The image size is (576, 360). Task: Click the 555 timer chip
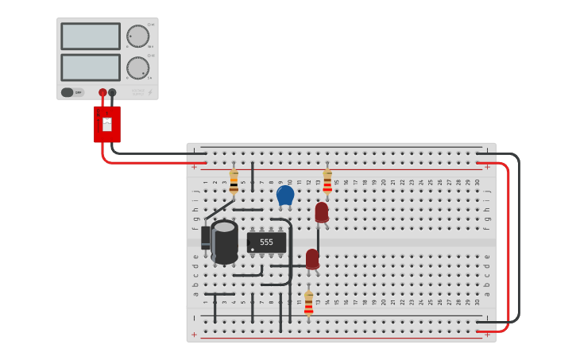[266, 242]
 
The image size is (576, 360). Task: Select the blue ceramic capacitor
[285, 195]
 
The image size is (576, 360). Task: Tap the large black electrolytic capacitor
[225, 242]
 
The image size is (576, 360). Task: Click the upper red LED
[321, 211]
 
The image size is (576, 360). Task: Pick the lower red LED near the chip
[312, 259]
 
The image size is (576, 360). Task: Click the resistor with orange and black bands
[234, 181]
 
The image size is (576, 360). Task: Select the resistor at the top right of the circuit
[327, 181]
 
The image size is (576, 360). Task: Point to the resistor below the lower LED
[309, 303]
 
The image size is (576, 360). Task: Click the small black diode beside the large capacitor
[206, 238]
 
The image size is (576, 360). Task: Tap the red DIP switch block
[107, 124]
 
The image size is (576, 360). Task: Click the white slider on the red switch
[107, 124]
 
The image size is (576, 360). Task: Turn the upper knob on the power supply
[137, 37]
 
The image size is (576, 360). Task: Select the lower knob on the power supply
[137, 68]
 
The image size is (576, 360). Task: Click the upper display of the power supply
[91, 37]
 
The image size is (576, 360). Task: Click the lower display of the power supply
[91, 67]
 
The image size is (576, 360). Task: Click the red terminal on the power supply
[102, 92]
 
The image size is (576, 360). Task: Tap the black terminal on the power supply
[112, 92]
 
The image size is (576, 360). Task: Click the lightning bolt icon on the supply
[150, 92]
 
